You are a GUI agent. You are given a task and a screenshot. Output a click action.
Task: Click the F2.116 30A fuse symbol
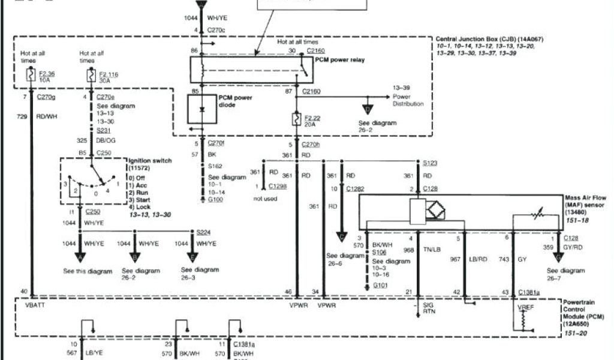(x=91, y=76)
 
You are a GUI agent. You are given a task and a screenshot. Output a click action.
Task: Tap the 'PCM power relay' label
(x=340, y=60)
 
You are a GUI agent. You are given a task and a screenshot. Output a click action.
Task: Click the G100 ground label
(x=215, y=199)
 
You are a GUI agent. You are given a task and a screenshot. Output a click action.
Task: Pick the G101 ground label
(x=380, y=286)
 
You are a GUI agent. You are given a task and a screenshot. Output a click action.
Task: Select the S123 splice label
(x=430, y=163)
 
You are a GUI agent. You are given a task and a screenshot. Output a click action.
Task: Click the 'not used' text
(x=265, y=199)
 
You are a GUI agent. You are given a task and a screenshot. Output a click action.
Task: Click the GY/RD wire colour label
(x=573, y=247)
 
